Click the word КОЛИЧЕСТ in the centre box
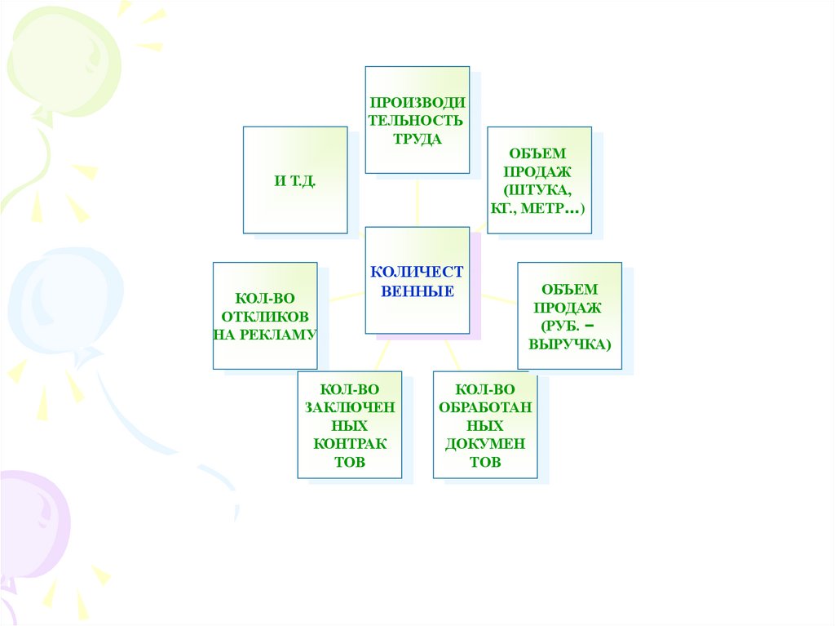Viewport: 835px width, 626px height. tap(417, 271)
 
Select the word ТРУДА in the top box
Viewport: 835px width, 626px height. tap(417, 139)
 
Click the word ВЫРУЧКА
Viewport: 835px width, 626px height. tap(568, 344)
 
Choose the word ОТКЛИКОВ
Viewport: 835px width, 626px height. tap(265, 316)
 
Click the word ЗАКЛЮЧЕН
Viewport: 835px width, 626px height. tap(350, 407)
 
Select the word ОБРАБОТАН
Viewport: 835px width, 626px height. tap(485, 407)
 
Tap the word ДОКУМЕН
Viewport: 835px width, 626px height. tap(485, 444)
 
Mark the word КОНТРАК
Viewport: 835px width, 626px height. tap(350, 444)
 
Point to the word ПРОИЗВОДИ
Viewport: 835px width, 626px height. tap(417, 102)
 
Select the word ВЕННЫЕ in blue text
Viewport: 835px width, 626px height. tap(417, 291)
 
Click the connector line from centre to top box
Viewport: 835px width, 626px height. tap(417, 201)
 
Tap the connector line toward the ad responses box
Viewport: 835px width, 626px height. tap(341, 296)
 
